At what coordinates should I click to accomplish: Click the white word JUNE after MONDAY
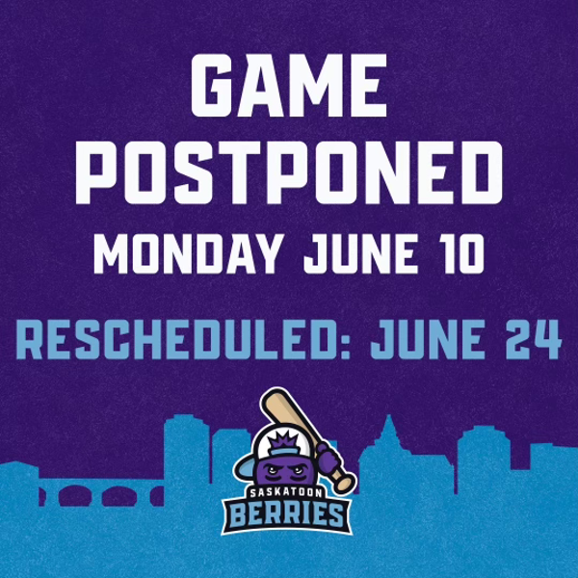click(362, 254)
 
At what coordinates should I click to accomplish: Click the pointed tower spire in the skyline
click(387, 424)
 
